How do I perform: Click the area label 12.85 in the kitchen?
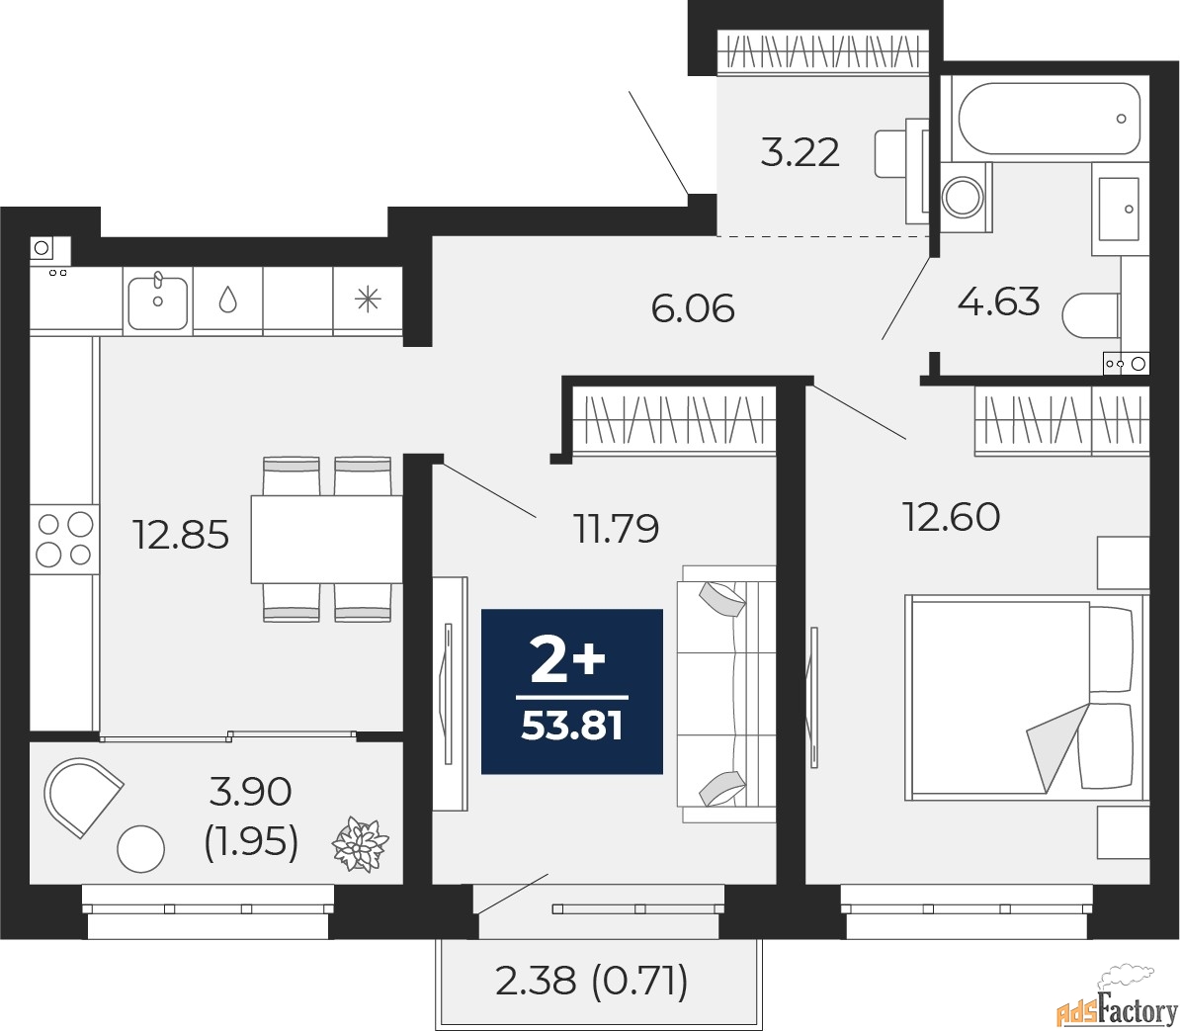181,535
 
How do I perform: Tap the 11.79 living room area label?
617,528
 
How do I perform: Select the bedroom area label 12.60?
952,517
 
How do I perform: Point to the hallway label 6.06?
693,308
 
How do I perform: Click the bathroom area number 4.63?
998,301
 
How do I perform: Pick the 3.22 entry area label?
800,153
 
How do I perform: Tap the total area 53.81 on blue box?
572,727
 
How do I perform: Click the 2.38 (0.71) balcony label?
592,982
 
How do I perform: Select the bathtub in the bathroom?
1050,119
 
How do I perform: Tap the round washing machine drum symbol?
964,197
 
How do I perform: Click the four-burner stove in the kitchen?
64,539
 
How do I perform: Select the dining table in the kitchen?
326,539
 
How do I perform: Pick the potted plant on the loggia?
361,846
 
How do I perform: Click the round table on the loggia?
140,849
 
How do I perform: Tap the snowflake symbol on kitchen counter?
368,300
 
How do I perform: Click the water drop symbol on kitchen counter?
228,301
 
